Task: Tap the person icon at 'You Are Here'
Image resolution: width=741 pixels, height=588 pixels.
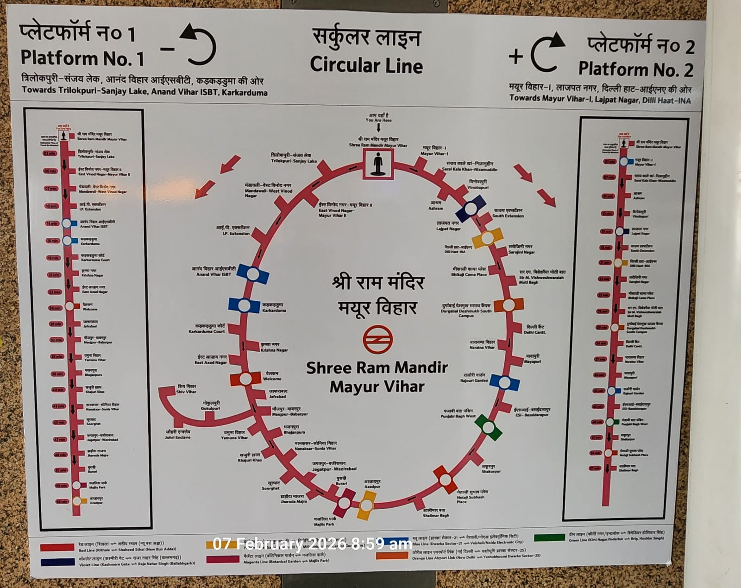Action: (378, 164)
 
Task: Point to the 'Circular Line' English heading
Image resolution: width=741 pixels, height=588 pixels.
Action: (366, 65)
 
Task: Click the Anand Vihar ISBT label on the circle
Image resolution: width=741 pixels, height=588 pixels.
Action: (214, 272)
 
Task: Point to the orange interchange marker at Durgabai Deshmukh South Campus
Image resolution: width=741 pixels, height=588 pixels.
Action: (509, 305)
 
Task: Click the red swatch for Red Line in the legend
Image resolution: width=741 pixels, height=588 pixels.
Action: (57, 547)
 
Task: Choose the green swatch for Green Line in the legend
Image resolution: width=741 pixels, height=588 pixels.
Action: (549, 537)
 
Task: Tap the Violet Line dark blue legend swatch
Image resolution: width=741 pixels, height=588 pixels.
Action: (57, 562)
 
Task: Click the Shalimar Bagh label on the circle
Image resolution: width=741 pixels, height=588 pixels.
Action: (435, 512)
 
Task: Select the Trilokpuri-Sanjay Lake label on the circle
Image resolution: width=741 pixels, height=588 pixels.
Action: (294, 158)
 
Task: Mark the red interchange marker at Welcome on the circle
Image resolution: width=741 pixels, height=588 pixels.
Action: (245, 379)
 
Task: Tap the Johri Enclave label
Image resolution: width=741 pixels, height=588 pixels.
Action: (178, 434)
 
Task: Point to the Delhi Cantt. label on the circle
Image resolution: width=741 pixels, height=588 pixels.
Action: (535, 329)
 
